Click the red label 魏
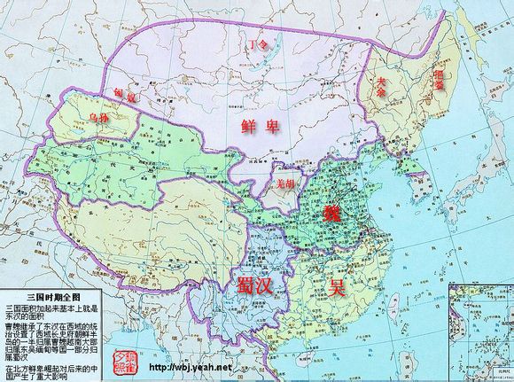(x=331, y=213)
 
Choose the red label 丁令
(x=258, y=43)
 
